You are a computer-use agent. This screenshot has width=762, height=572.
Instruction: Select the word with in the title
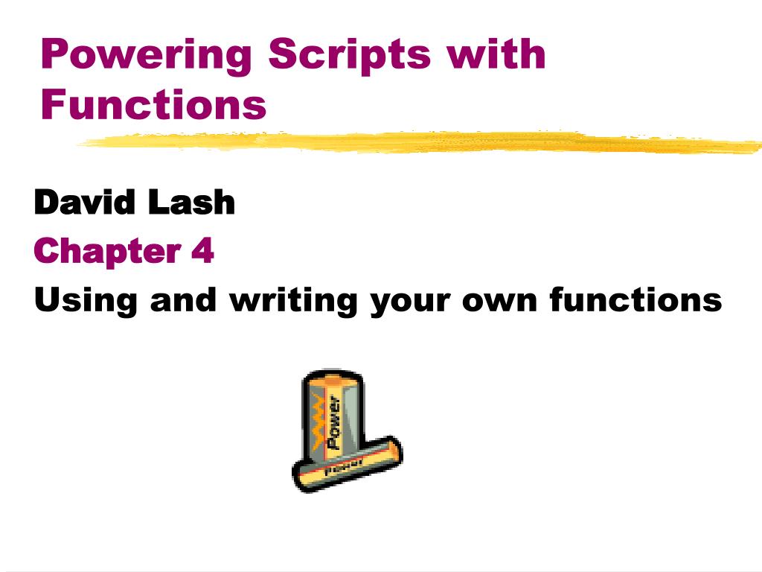[x=496, y=53]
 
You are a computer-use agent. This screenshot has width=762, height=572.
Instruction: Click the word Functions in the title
[x=153, y=104]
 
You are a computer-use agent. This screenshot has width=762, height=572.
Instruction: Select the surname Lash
[x=191, y=202]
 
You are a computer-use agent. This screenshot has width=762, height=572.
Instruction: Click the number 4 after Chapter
[x=202, y=250]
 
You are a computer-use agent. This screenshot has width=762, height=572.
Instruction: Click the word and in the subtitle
[x=183, y=299]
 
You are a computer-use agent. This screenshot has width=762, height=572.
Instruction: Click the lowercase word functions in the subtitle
[x=636, y=299]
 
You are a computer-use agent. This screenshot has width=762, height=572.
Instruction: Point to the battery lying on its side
[x=347, y=465]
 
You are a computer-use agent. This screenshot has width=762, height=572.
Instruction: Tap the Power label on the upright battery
[x=333, y=422]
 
